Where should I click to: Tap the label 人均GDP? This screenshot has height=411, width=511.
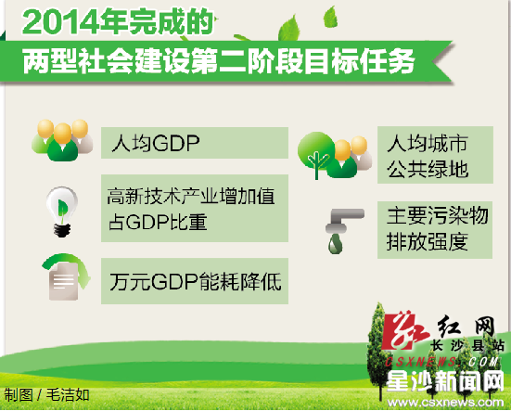tap(156, 143)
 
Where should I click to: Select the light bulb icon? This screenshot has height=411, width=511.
tap(61, 212)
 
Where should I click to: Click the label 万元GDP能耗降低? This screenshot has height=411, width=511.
tap(195, 281)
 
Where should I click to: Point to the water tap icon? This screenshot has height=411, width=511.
tap(343, 231)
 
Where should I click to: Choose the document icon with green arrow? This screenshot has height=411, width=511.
tap(66, 276)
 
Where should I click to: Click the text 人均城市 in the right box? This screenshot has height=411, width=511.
tap(428, 143)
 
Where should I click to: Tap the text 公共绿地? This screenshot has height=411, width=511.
tap(428, 169)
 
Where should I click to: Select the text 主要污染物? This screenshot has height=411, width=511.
tap(438, 215)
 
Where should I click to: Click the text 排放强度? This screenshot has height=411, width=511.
tap(428, 241)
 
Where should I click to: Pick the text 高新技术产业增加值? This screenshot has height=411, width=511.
tap(191, 196)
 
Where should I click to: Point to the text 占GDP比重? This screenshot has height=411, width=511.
tap(158, 222)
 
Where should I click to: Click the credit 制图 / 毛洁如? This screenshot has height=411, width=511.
tap(46, 395)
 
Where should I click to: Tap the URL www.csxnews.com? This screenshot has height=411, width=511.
tap(445, 403)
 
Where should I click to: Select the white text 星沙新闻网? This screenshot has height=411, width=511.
tap(445, 381)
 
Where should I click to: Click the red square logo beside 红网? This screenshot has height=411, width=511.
tap(405, 330)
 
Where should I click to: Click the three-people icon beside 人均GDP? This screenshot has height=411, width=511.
tap(62, 140)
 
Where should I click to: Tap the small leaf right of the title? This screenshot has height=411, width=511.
tap(331, 17)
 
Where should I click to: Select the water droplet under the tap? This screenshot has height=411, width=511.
tap(336, 244)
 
